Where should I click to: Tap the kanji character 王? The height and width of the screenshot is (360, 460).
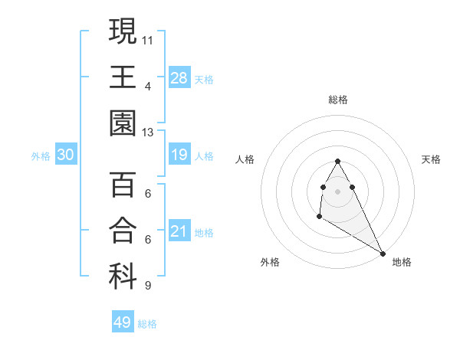(x=123, y=77)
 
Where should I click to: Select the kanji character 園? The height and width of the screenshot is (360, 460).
(x=123, y=123)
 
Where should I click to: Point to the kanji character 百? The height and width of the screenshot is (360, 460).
(x=123, y=185)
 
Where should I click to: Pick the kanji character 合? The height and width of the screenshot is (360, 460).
(x=123, y=231)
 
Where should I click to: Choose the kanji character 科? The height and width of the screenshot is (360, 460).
(x=123, y=277)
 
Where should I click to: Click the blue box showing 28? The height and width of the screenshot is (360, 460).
(x=179, y=78)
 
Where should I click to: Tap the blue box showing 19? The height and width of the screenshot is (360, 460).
(x=179, y=155)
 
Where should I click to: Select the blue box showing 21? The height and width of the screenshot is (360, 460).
(x=179, y=232)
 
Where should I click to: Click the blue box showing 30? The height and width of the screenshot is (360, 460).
(x=66, y=155)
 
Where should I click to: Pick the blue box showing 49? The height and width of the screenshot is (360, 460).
(x=123, y=322)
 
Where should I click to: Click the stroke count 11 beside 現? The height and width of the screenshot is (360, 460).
(x=148, y=38)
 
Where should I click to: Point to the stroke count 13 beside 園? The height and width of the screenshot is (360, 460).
(x=148, y=132)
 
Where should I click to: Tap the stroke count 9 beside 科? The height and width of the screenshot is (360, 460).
(x=148, y=286)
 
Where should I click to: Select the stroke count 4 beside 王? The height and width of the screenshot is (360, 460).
(x=148, y=86)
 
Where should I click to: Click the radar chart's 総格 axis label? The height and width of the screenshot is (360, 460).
(x=338, y=100)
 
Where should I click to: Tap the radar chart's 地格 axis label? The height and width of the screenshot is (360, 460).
(x=402, y=262)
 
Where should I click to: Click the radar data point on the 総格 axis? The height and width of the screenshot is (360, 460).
(x=338, y=161)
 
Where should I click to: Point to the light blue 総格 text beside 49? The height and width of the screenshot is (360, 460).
(x=148, y=324)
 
